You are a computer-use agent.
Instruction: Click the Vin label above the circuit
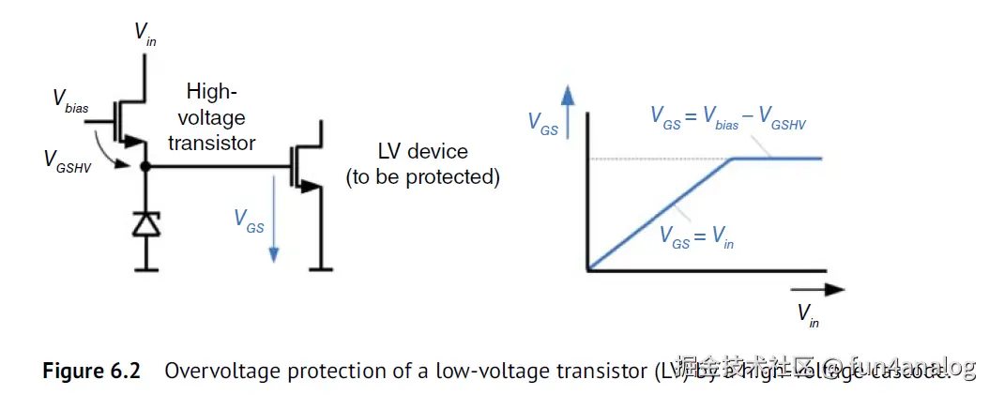pos(145,34)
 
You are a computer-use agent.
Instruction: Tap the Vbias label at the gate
pos(70,100)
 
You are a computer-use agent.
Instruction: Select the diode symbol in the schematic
pos(145,224)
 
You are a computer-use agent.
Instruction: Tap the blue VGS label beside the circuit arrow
pos(249,221)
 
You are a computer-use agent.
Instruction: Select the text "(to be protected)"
pos(422,177)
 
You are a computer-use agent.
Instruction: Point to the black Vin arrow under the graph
pos(815,291)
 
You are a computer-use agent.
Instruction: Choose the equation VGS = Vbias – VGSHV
pos(728,117)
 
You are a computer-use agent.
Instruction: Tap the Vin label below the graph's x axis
pos(808,314)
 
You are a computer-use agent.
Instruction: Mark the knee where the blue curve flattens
pos(734,159)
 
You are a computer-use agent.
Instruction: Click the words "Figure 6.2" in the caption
pos(91,371)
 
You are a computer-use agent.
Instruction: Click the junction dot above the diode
pos(145,167)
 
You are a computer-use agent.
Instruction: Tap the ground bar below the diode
pos(145,269)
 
